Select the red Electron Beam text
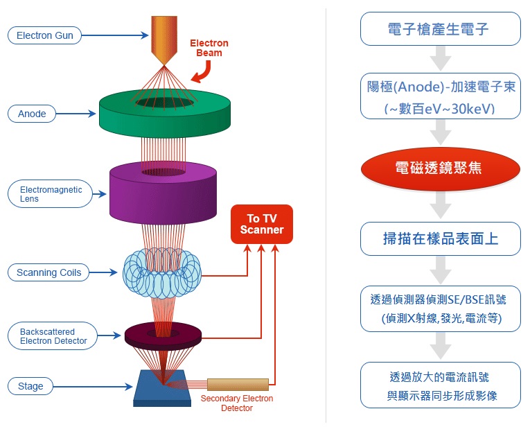(209, 48)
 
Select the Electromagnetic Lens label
(51, 194)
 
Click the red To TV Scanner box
(261, 224)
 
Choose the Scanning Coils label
(49, 272)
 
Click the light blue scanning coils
(162, 274)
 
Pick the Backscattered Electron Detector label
(53, 336)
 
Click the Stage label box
(30, 386)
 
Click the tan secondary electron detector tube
(237, 384)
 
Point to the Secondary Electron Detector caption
(237, 403)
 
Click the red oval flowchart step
(440, 168)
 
